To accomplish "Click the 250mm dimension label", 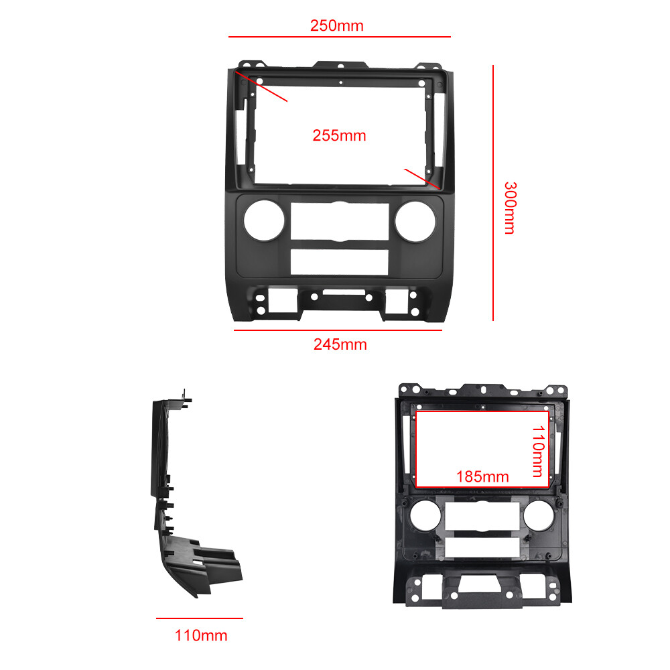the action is tap(337, 25).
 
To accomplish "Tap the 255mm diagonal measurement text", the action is tap(339, 135).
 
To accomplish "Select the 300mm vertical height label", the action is tap(510, 208).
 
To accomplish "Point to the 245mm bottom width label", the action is tap(340, 344).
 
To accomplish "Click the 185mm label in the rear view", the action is tap(482, 476).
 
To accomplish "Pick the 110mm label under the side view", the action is tap(201, 635).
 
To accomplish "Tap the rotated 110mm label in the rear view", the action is tap(539, 451).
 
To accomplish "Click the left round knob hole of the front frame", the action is tap(264, 220).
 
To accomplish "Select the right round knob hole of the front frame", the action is tap(415, 221).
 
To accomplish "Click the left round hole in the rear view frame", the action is tap(425, 516).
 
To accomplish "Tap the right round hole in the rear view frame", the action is tap(539, 516).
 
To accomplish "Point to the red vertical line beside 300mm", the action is tap(493, 193).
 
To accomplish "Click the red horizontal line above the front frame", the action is tap(340, 37).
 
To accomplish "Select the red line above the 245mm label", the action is tap(338, 330).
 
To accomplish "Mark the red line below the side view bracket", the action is tap(200, 618).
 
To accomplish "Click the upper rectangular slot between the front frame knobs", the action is tap(340, 221).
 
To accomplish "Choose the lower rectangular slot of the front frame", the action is tap(339, 262).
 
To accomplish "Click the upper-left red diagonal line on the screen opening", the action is tap(261, 86).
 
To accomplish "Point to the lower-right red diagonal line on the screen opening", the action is tap(422, 179).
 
